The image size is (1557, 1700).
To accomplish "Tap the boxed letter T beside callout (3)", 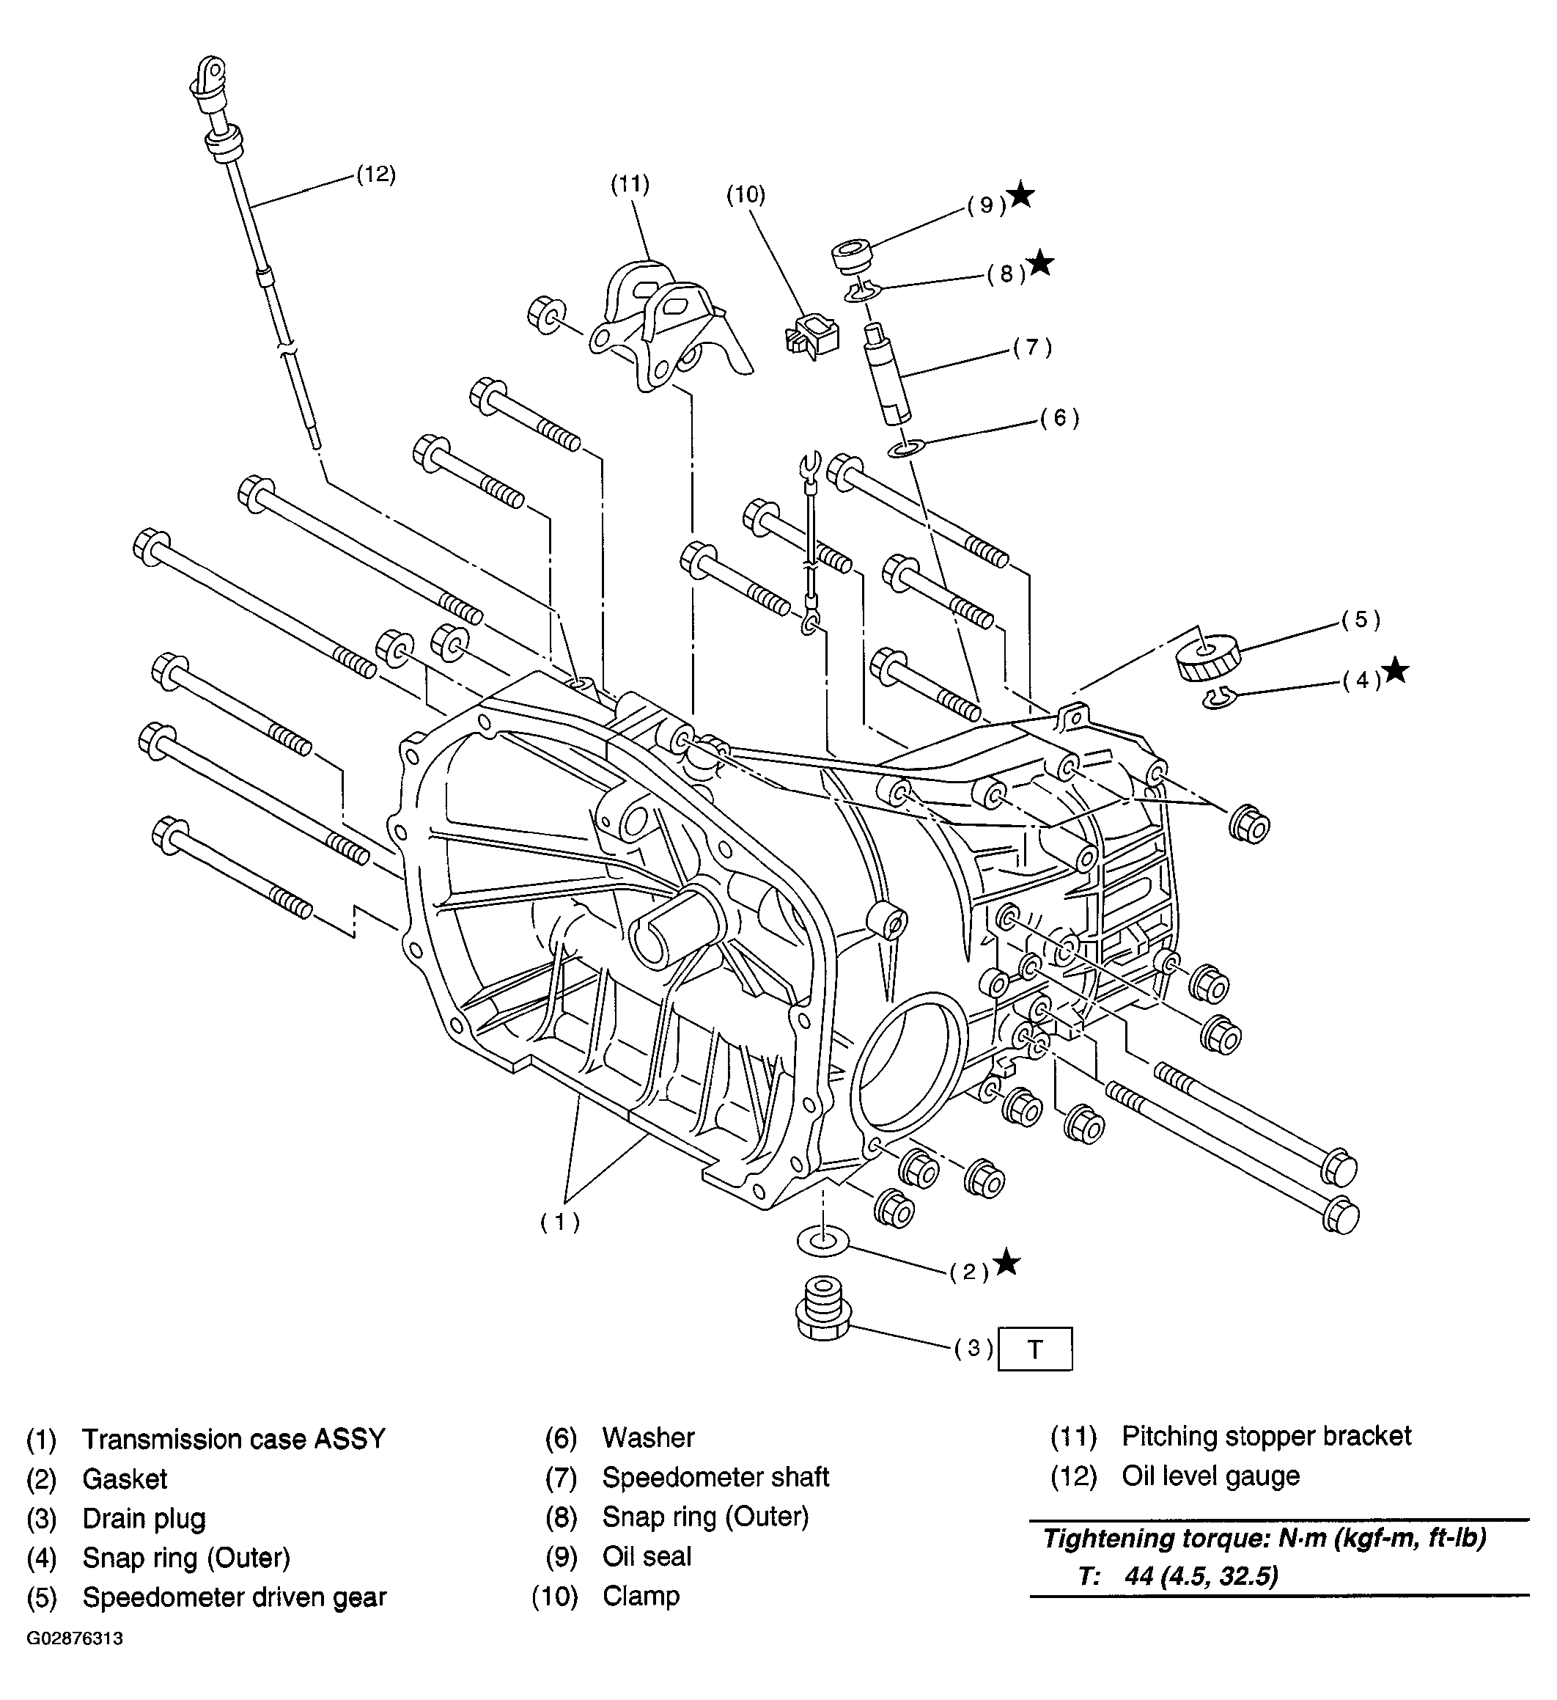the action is click(1034, 1349).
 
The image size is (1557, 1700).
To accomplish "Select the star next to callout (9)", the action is click(1021, 195).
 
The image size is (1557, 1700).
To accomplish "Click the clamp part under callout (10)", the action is click(811, 334).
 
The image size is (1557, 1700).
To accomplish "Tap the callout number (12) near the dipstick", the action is click(375, 175).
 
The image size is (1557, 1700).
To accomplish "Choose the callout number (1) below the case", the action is click(561, 1222).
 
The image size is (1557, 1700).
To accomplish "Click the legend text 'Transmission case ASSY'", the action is click(234, 1439).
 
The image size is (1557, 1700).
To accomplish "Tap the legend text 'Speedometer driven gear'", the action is click(235, 1597).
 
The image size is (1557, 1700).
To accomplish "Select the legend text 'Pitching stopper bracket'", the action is click(1266, 1436).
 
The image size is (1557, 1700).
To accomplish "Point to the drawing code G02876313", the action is click(74, 1662).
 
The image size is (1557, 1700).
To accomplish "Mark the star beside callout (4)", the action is click(1396, 670).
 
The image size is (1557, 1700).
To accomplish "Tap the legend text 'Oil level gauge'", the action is click(1210, 1476).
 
